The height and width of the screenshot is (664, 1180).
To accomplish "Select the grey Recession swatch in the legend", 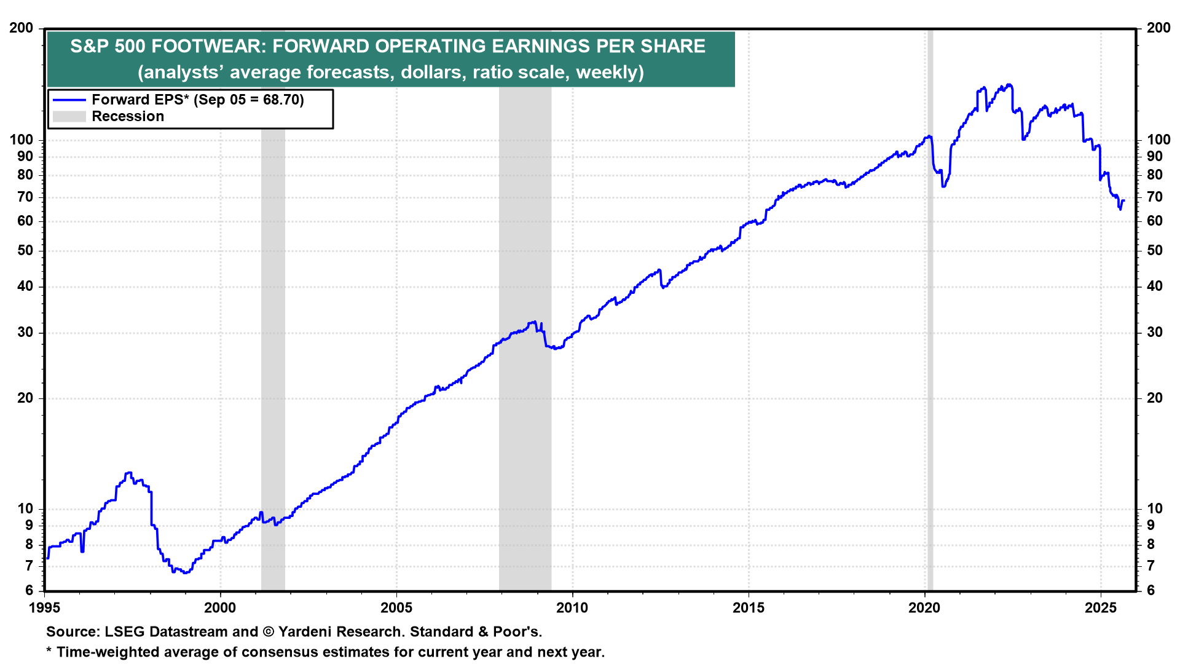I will [x=69, y=117].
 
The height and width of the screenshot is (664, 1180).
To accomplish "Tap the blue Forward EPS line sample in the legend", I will [x=69, y=100].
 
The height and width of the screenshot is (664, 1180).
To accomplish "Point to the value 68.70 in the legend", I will [x=281, y=100].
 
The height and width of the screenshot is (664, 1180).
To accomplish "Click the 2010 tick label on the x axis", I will [x=572, y=608].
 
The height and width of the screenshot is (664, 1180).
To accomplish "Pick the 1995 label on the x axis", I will [x=44, y=608].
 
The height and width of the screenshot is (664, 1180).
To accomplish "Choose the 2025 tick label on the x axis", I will [x=1101, y=608].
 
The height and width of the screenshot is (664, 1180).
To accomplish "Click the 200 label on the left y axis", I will [x=22, y=28].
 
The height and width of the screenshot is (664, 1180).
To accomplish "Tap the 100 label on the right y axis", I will [x=1158, y=140].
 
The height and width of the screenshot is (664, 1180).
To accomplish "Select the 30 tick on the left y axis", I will [x=25, y=333].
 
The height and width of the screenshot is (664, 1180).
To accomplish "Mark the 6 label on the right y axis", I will [x=1150, y=590].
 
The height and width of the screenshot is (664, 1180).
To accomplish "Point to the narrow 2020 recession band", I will [x=930, y=369].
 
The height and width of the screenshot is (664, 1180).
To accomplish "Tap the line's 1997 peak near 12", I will [x=128, y=473].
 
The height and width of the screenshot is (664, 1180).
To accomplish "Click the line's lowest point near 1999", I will [x=185, y=572].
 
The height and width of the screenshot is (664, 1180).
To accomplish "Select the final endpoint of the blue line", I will [x=1123, y=200].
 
